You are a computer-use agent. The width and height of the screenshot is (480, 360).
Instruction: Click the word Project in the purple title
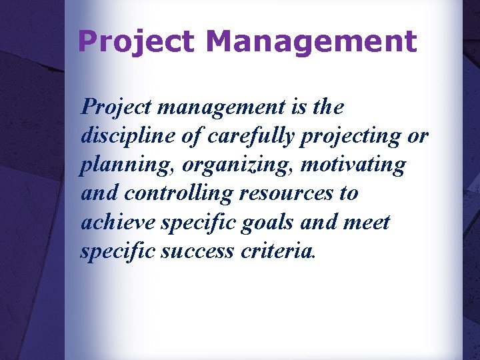point(136,42)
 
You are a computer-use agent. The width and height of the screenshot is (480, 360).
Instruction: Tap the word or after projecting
point(418,136)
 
